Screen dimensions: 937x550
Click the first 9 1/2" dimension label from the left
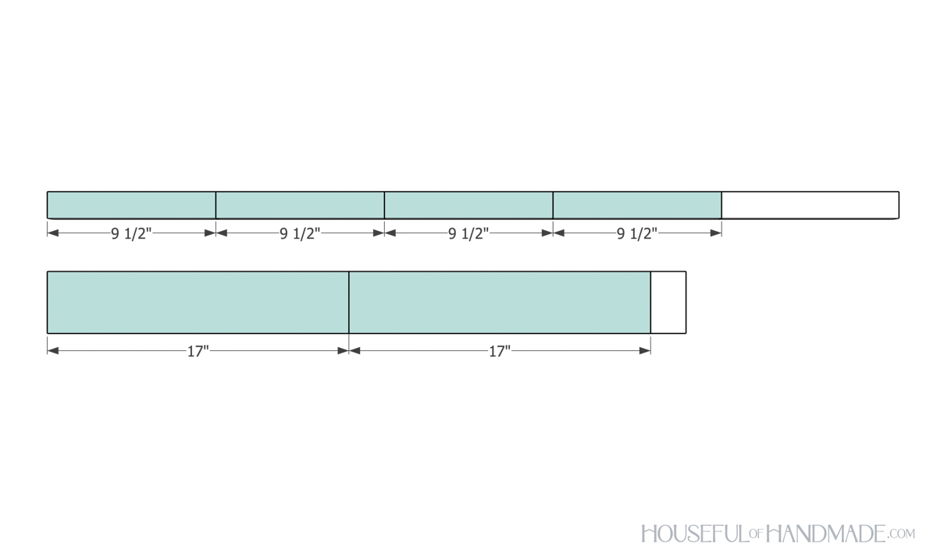coord(131,233)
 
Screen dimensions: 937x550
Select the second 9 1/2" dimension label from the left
coord(300,233)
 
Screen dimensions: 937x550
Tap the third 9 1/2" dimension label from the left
coord(468,233)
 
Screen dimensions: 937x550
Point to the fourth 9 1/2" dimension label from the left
coord(637,233)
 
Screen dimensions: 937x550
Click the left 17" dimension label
coord(198,351)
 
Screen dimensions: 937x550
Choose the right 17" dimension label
coord(500,351)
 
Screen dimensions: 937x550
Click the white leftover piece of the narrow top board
coord(811,204)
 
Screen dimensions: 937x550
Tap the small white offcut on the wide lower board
coord(668,302)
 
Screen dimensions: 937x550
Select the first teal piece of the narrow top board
coord(131,204)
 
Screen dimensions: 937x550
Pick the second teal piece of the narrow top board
coord(300,204)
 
